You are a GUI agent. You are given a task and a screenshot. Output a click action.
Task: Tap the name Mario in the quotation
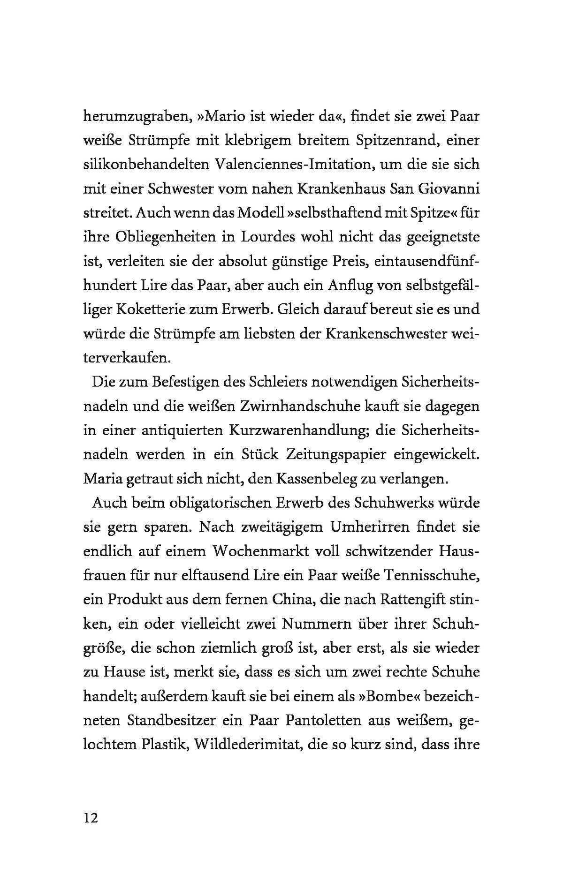click(x=225, y=116)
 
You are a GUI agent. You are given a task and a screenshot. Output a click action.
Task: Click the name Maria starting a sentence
click(x=104, y=479)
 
